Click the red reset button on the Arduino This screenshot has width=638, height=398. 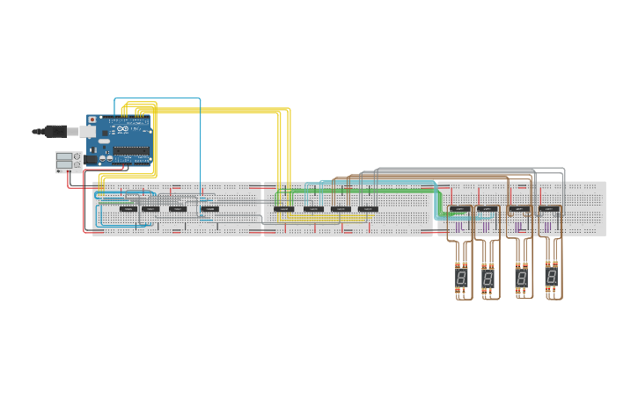[92, 119]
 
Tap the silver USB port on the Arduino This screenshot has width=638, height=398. [89, 131]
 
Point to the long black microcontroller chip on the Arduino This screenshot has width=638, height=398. [130, 150]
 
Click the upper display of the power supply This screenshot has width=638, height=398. [63, 156]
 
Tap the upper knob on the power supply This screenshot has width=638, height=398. [77, 156]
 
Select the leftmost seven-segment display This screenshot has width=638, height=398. [461, 278]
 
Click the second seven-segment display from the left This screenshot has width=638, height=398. [488, 278]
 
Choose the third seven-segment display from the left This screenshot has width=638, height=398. [522, 278]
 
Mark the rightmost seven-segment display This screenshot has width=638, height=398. [552, 278]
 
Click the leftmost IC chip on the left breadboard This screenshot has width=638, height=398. [128, 209]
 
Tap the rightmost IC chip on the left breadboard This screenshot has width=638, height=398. [209, 209]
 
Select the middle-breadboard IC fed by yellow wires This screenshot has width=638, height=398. [283, 209]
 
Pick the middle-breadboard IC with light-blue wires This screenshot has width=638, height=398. [313, 209]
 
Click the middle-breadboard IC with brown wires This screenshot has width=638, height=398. [341, 209]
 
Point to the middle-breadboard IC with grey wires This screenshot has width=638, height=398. [368, 209]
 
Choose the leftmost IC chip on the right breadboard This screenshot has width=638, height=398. [460, 209]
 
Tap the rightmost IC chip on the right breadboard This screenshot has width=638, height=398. [549, 209]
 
